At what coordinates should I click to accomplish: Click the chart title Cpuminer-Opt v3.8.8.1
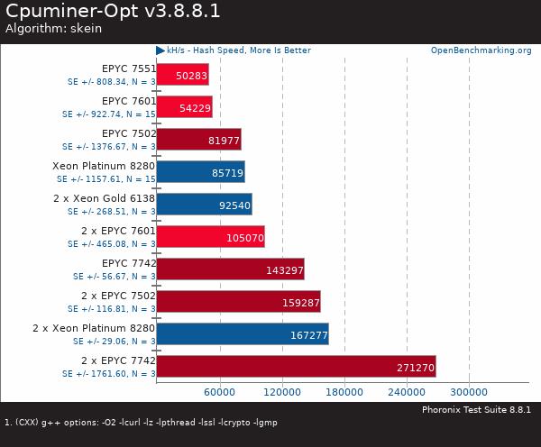[x=113, y=12]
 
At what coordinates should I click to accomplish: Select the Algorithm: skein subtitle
[x=53, y=29]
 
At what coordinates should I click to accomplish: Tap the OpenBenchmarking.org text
[x=481, y=50]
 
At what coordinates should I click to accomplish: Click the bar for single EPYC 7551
[x=182, y=74]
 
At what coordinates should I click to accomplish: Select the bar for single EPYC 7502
[x=198, y=140]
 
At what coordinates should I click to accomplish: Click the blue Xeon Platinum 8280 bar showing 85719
[x=200, y=172]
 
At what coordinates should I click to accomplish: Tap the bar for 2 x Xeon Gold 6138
[x=204, y=205]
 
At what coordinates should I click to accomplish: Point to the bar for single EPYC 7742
[x=230, y=269]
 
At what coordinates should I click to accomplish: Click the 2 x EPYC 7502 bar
[x=238, y=302]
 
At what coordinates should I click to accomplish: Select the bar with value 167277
[x=243, y=334]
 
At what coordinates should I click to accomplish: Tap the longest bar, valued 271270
[x=296, y=367]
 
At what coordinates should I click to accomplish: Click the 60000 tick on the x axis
[x=219, y=392]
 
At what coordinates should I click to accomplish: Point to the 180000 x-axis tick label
[x=344, y=392]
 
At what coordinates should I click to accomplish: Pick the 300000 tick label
[x=469, y=392]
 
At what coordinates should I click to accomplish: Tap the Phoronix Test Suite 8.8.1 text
[x=476, y=409]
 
